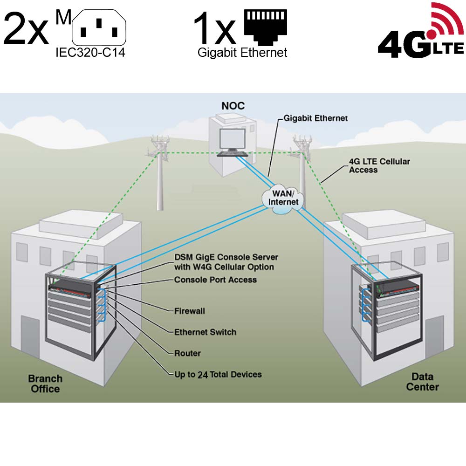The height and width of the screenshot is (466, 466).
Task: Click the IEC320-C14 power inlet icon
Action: tap(99, 27)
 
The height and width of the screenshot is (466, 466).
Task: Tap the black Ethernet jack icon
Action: tap(266, 27)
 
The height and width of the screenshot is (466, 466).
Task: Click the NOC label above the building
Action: tap(233, 106)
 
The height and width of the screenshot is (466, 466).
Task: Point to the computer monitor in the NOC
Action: tap(232, 140)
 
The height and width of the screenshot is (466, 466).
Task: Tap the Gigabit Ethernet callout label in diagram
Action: tap(315, 118)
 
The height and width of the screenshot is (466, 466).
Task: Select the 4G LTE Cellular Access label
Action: tap(379, 165)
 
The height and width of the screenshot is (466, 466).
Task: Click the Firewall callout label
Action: tap(189, 311)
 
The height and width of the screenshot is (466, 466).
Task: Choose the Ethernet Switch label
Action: tap(205, 332)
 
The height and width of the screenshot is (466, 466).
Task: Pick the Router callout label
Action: tap(187, 353)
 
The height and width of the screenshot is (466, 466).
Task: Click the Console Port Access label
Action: tap(215, 280)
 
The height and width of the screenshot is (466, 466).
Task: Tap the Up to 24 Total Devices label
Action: tap(218, 375)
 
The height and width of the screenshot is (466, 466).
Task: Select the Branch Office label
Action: tap(45, 384)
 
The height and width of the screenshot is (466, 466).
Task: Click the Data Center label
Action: tap(422, 382)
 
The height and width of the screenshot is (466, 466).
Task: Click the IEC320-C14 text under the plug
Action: tap(90, 53)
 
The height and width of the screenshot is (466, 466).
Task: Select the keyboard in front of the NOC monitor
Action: tap(233, 154)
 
